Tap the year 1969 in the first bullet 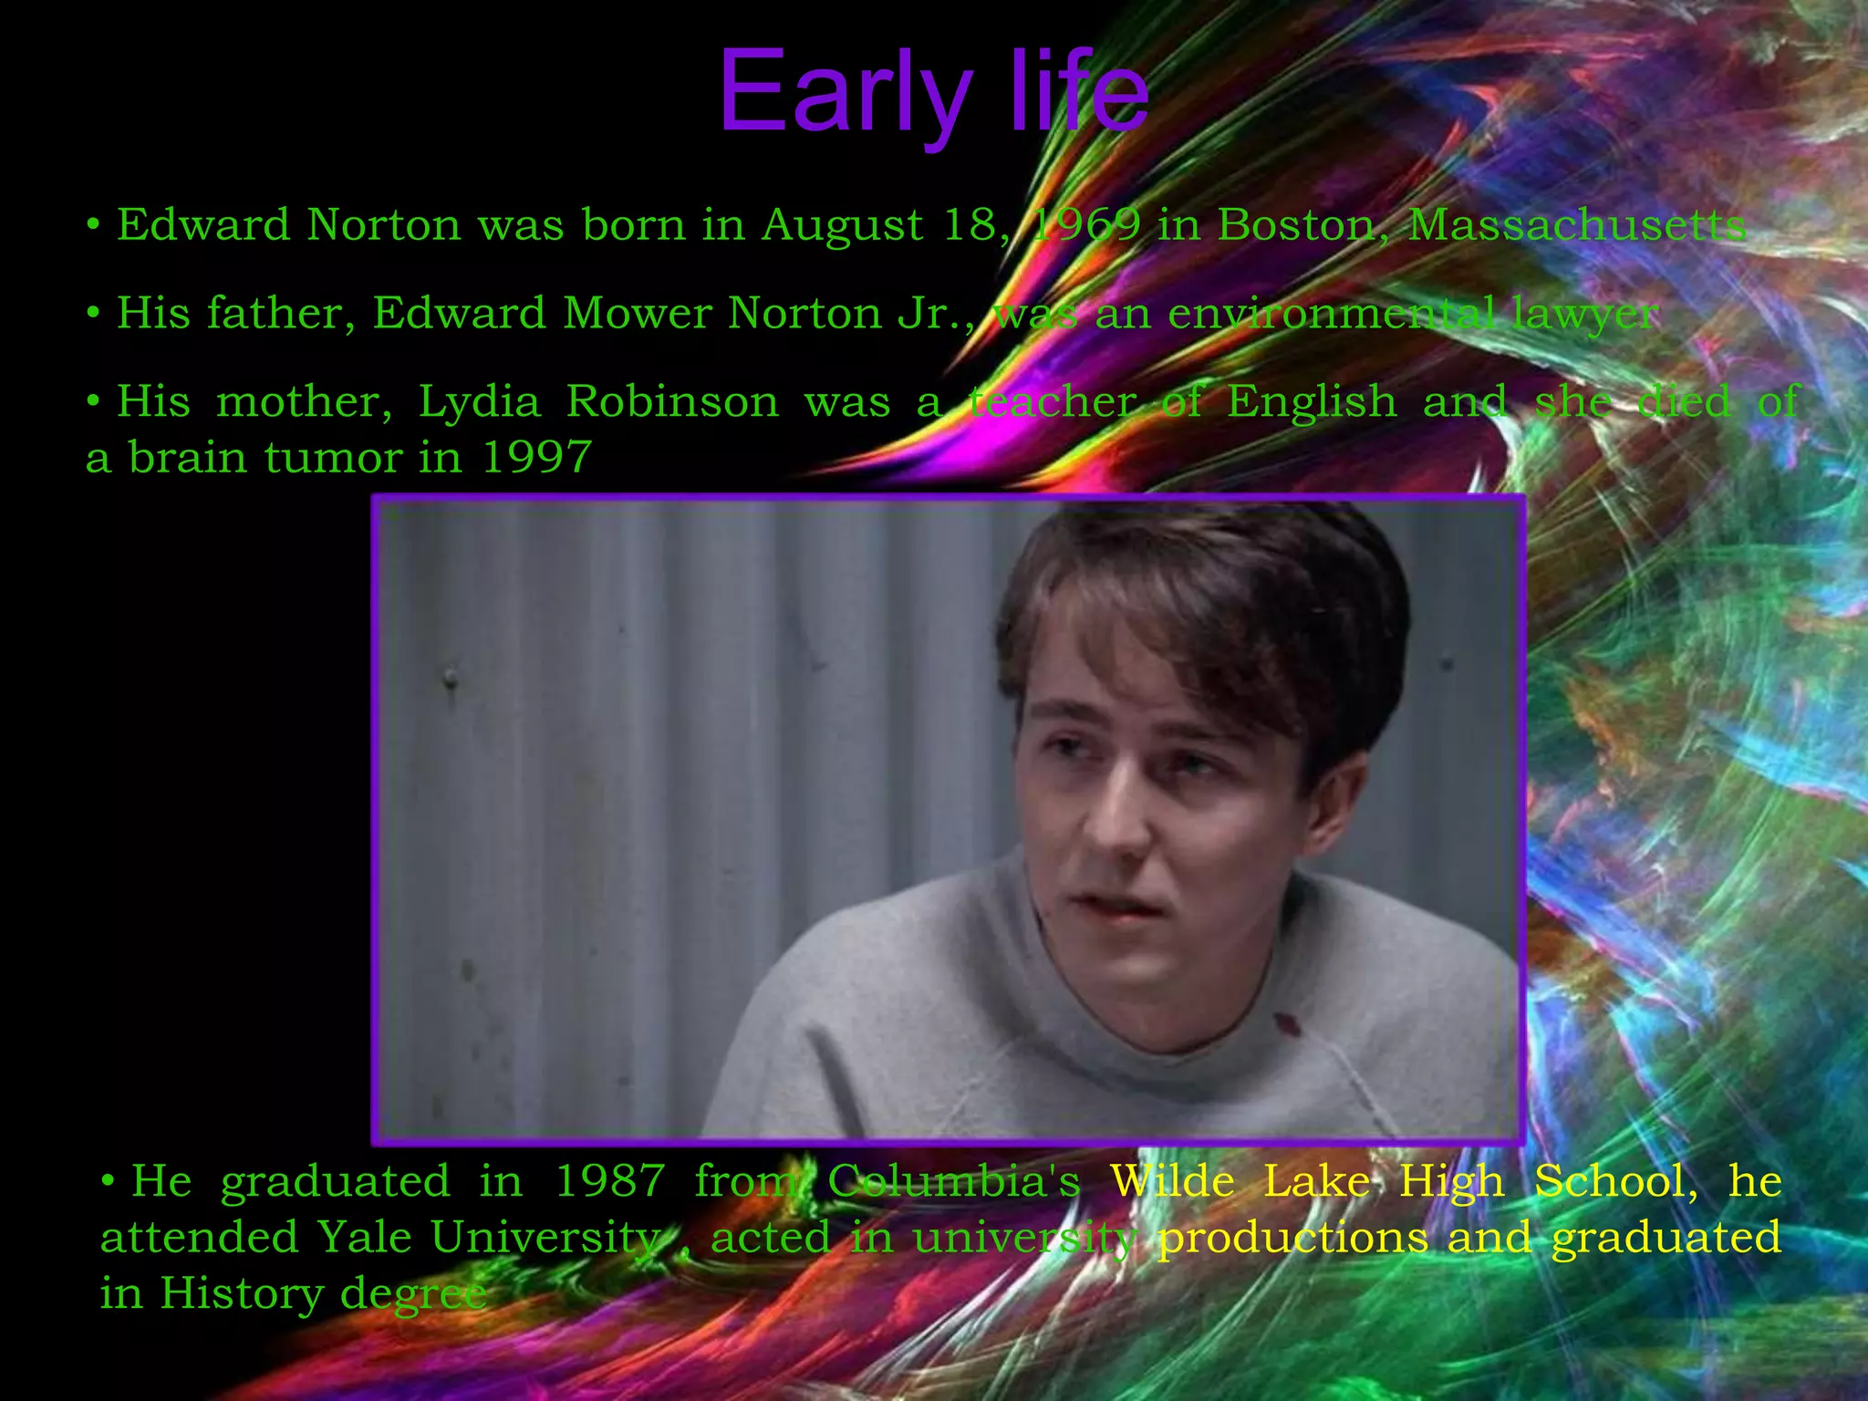pyautogui.click(x=1085, y=224)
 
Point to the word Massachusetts pyautogui.click(x=1577, y=224)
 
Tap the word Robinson pyautogui.click(x=672, y=401)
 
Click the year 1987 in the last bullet pyautogui.click(x=609, y=1181)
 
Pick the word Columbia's pyautogui.click(x=953, y=1181)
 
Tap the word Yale pyautogui.click(x=362, y=1238)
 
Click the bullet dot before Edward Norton pyautogui.click(x=93, y=224)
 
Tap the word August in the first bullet pyautogui.click(x=842, y=226)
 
